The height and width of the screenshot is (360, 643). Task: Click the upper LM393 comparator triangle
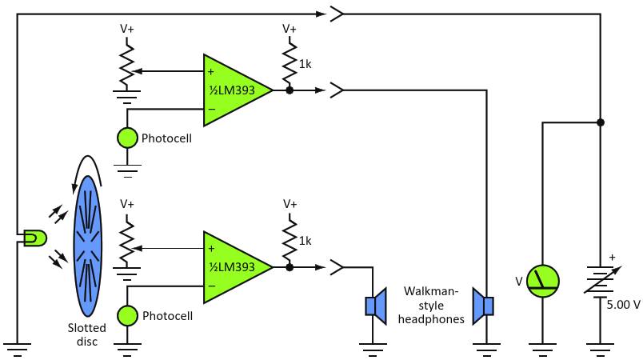pyautogui.click(x=232, y=90)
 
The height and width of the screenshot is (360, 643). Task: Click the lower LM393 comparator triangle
pyautogui.click(x=232, y=267)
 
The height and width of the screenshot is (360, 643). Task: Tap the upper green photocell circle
pyautogui.click(x=127, y=138)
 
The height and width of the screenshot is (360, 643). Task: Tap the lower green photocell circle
pyautogui.click(x=127, y=315)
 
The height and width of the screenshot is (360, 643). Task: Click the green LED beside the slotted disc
pyautogui.click(x=35, y=238)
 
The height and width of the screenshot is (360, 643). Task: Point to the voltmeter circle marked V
pyautogui.click(x=542, y=282)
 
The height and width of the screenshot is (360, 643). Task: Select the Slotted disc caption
pyautogui.click(x=83, y=334)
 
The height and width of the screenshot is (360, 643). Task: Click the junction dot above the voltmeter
pyautogui.click(x=600, y=122)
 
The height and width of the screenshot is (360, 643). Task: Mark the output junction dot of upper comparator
pyautogui.click(x=289, y=90)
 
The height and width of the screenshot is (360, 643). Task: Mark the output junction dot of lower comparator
pyautogui.click(x=289, y=267)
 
